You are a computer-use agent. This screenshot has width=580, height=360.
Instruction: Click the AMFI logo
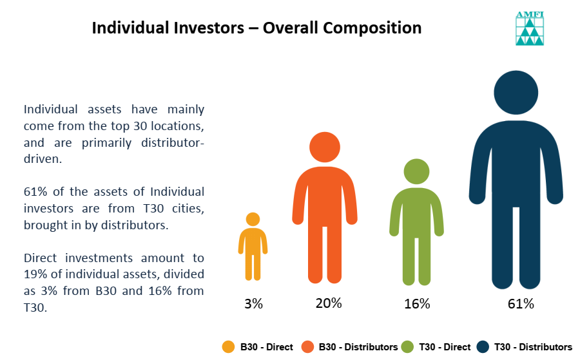click(530, 28)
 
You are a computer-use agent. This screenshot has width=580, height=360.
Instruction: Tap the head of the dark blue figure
click(516, 92)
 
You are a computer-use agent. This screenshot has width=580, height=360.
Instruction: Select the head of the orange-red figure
click(325, 147)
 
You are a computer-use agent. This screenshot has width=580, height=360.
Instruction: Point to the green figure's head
click(416, 171)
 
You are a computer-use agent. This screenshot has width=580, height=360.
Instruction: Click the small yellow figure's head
click(253, 219)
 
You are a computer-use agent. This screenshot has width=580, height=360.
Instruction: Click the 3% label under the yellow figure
click(253, 304)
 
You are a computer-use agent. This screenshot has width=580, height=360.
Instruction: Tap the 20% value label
click(329, 303)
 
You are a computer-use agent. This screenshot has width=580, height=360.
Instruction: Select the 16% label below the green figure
click(417, 304)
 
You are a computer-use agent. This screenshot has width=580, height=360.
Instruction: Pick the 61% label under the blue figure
click(521, 304)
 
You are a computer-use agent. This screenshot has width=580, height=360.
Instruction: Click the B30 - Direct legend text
click(266, 347)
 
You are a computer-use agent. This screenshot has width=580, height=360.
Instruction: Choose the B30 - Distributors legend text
click(358, 347)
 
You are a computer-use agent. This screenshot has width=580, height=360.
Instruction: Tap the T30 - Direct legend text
click(445, 347)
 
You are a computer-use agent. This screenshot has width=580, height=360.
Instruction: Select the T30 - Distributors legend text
click(533, 347)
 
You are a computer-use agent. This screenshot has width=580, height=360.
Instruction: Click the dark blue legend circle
click(483, 347)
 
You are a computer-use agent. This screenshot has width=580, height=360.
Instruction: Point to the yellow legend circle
click(228, 347)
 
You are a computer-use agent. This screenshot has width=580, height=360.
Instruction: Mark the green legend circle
click(407, 347)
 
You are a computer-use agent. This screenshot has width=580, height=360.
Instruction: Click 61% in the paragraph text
click(35, 192)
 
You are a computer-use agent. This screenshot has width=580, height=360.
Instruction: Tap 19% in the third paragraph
click(35, 274)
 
